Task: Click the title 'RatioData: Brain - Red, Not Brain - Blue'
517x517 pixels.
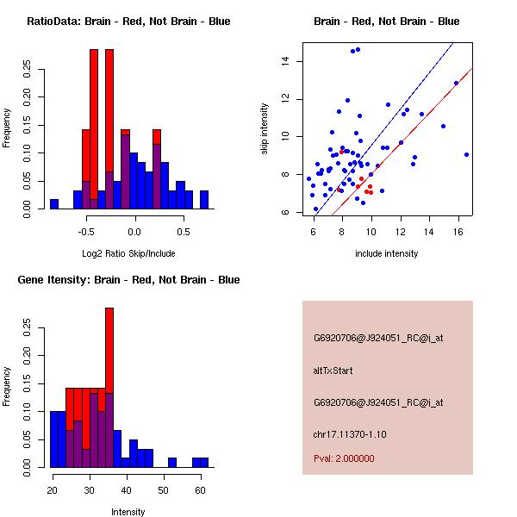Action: [x=128, y=22]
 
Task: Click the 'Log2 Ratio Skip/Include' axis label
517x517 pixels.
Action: [x=128, y=253]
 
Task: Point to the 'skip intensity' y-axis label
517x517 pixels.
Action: [x=265, y=129]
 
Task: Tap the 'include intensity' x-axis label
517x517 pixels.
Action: [x=387, y=253]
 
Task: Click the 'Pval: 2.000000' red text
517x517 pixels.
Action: [x=344, y=458]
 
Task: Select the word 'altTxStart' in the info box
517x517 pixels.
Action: [x=333, y=371]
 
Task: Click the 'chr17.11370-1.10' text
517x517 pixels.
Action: [x=349, y=433]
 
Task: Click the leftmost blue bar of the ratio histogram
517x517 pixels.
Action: [x=53, y=204]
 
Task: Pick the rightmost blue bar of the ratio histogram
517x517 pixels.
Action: [x=204, y=200]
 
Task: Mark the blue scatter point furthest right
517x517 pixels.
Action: [x=466, y=154]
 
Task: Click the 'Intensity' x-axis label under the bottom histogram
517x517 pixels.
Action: [x=128, y=512]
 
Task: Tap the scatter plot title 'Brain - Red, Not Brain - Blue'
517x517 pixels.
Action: [x=387, y=22]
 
